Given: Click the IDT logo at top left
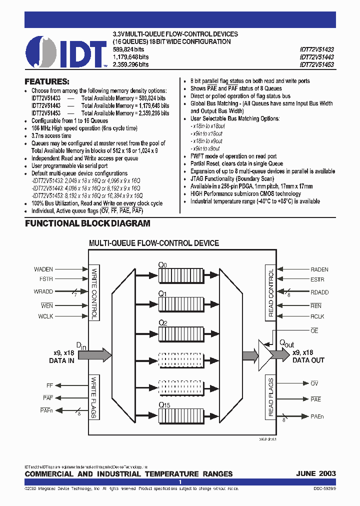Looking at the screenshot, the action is (x=66, y=51).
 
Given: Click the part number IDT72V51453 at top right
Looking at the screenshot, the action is (x=317, y=64).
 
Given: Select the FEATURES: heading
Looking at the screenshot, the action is (x=47, y=81).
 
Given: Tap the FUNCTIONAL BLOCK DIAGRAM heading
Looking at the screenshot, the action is (x=87, y=223).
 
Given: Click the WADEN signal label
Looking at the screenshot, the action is (x=43, y=269).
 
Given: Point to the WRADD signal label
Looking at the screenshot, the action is (x=43, y=291).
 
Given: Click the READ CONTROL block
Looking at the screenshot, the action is (x=270, y=293).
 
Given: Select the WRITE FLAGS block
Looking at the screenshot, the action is (x=94, y=397).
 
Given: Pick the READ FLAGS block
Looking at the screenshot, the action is (x=270, y=397).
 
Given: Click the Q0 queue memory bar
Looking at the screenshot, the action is (x=180, y=275).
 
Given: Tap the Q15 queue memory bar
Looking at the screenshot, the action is (x=180, y=415).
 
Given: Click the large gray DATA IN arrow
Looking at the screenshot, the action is (x=93, y=355).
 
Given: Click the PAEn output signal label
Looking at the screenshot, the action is (x=317, y=416).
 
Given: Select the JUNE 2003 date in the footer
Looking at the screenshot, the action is (x=315, y=473).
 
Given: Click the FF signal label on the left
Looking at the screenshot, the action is (x=49, y=385).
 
